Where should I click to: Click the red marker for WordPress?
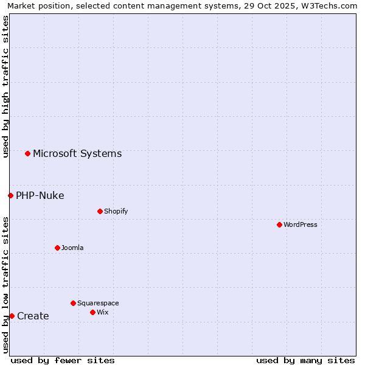(x=279, y=224)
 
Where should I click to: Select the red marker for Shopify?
(x=100, y=211)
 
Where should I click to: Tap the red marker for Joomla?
(x=57, y=248)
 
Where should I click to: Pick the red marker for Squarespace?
(x=73, y=303)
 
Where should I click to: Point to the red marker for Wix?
(x=92, y=312)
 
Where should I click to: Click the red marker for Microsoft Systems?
(x=27, y=153)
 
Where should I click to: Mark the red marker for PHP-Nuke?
(x=10, y=195)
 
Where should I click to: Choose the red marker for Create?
(x=12, y=316)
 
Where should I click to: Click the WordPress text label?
(x=301, y=224)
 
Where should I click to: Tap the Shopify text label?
(x=116, y=211)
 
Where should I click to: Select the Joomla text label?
(x=72, y=248)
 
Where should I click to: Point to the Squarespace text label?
(x=98, y=303)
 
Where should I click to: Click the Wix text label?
(x=102, y=312)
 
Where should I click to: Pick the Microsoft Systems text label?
(x=77, y=153)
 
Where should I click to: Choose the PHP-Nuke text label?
(x=40, y=195)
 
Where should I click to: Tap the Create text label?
(x=33, y=316)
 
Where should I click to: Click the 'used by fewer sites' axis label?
(x=63, y=360)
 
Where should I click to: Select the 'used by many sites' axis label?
(x=305, y=360)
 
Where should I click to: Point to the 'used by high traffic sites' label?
(x=5, y=86)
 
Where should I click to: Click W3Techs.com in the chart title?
(x=326, y=5)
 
